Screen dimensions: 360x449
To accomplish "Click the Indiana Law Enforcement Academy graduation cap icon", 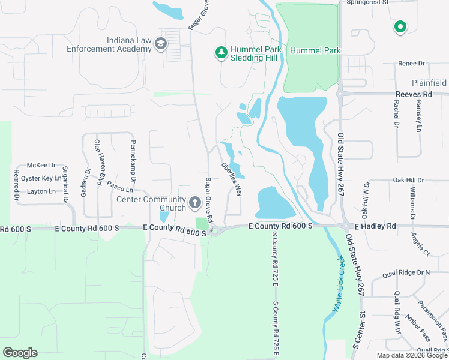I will click(x=160, y=44).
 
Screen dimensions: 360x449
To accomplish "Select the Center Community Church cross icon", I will click(x=194, y=203).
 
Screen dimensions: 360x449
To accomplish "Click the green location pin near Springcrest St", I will click(x=400, y=27).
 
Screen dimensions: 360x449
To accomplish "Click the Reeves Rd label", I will click(x=414, y=95).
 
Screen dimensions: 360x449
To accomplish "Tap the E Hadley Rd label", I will click(x=375, y=226).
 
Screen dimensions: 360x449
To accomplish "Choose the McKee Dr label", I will click(x=41, y=166).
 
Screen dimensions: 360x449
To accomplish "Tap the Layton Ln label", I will click(x=41, y=191).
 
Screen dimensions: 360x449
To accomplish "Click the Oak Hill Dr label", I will click(x=408, y=180).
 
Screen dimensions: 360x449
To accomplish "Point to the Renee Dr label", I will click(x=412, y=63).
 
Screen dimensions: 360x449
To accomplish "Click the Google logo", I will click(x=20, y=353).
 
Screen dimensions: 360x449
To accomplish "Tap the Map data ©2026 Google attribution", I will click(x=412, y=355).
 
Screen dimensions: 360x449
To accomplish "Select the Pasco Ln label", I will click(x=120, y=186).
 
